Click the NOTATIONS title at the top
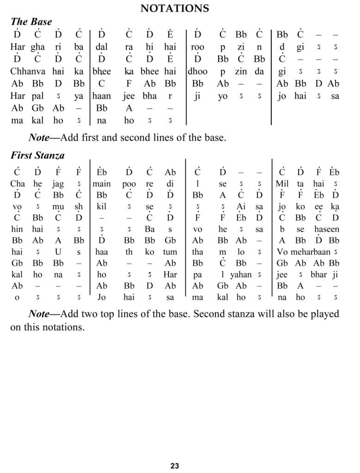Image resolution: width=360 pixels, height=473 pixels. pyautogui.click(x=175, y=8)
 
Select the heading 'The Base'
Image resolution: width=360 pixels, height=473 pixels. pyautogui.click(x=31, y=22)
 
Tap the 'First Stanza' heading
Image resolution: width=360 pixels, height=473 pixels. pyautogui.click(x=37, y=156)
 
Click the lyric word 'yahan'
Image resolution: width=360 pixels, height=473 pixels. pyautogui.click(x=241, y=274)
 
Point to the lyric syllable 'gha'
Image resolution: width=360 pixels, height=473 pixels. pyautogui.click(x=37, y=47)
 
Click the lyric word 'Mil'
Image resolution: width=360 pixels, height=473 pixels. pyautogui.click(x=282, y=184)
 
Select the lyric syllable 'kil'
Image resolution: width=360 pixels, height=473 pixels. pyautogui.click(x=101, y=206)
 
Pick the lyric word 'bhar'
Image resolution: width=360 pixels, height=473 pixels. pyautogui.click(x=318, y=274)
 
